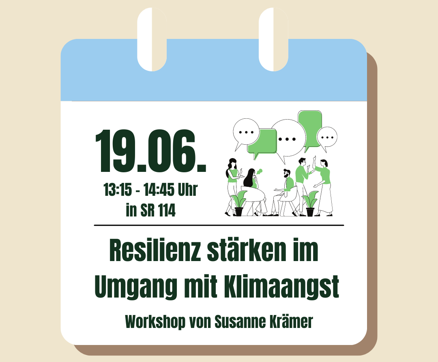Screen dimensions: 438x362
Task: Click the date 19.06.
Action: coord(150,151)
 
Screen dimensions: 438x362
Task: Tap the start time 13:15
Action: coord(117,189)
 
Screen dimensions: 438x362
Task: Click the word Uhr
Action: coord(188,189)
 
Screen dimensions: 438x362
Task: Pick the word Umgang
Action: coord(136,287)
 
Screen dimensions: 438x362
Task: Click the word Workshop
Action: coord(155,322)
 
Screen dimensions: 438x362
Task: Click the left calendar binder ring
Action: coord(152,39)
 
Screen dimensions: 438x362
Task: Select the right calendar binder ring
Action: coord(273,39)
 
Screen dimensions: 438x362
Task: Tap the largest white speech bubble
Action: coord(288,138)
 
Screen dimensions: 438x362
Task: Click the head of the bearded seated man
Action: coord(287,174)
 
